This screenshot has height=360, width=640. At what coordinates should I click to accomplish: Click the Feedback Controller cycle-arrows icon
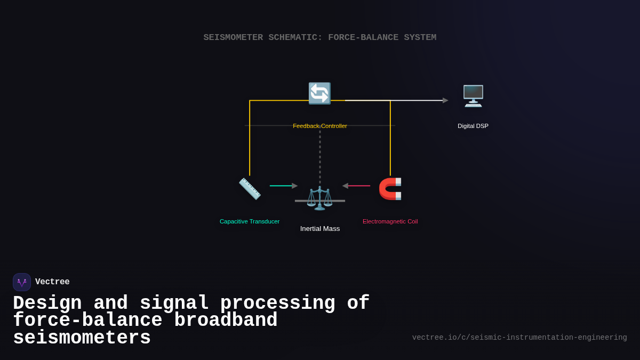coord(319,93)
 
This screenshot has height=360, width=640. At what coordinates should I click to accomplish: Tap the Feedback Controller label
coord(319,126)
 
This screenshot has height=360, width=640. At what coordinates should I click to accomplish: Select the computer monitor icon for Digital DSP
coord(473,96)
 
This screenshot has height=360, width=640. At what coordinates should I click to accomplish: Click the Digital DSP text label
coord(473,126)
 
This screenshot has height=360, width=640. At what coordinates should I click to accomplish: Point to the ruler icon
coord(250,189)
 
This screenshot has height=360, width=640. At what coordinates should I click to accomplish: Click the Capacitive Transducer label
coord(250,221)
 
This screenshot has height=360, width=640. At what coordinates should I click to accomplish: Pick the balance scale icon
coord(319,198)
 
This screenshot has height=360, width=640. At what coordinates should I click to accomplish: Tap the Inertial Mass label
coord(319,229)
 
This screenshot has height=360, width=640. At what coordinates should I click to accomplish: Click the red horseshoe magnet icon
coord(390,189)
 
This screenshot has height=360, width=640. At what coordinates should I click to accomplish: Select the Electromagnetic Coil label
coord(390,221)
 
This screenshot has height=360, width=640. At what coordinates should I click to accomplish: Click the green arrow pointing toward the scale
coord(283,186)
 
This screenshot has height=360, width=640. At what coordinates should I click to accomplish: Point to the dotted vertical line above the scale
coord(320,157)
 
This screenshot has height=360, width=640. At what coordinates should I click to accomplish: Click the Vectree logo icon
coord(22,282)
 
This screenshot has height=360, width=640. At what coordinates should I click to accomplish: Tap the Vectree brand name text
coord(52,282)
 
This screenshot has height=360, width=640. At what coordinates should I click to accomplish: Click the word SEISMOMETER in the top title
coord(233,37)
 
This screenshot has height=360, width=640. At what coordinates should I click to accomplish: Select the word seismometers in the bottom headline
coord(82,338)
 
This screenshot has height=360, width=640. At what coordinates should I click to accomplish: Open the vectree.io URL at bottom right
coord(519,338)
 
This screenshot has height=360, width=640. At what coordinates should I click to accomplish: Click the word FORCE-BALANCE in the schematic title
coord(363,37)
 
